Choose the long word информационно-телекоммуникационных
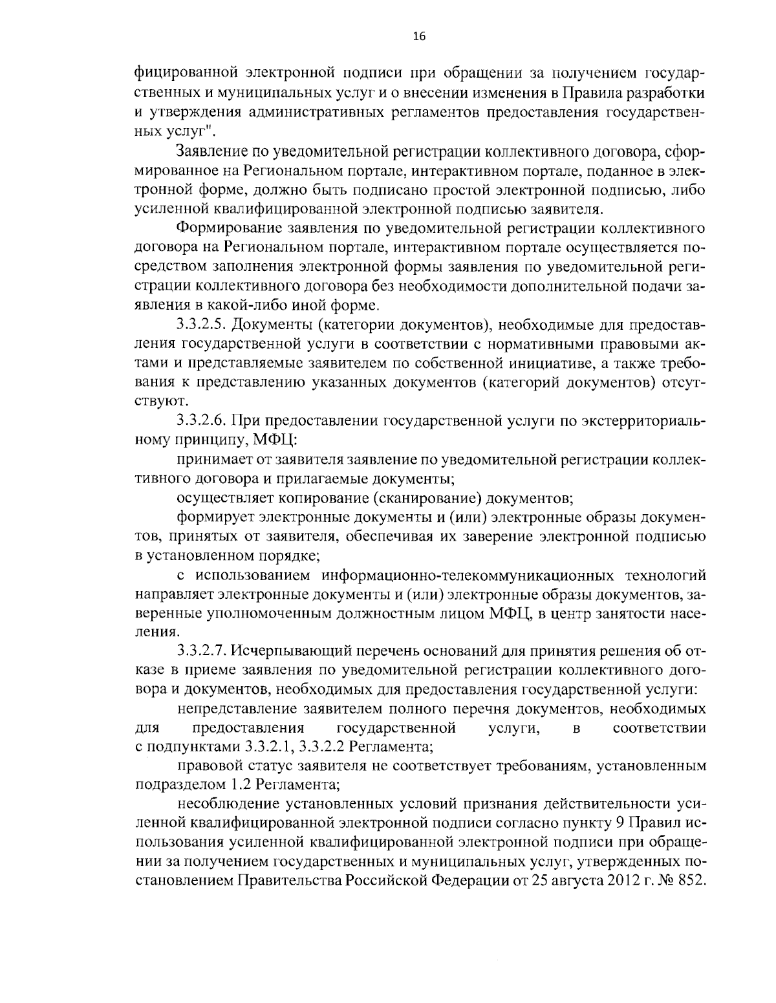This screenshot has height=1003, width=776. (x=466, y=575)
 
